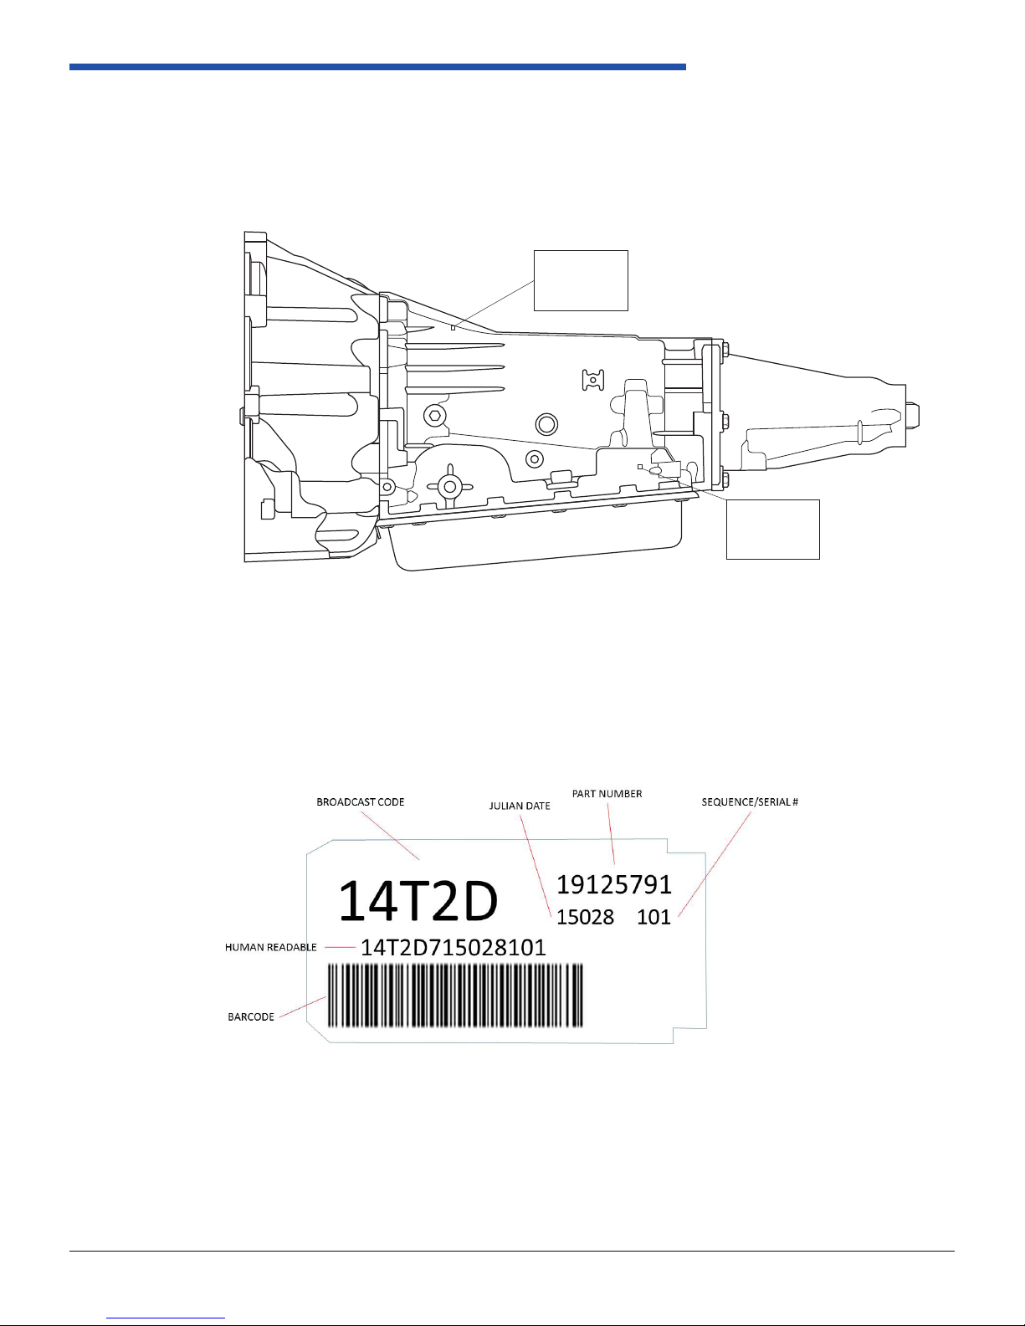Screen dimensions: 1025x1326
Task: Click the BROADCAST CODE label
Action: [360, 801]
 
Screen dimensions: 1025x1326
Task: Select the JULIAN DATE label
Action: [520, 806]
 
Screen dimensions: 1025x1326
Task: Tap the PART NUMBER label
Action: [607, 793]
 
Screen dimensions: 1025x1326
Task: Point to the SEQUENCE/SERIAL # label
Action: [750, 801]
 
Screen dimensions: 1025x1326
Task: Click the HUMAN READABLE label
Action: [271, 947]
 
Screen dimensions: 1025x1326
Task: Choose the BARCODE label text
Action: [251, 1016]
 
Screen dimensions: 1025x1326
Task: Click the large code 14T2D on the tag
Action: [418, 901]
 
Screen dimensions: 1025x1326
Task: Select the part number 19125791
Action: [614, 884]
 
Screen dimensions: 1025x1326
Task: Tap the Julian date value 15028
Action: [585, 917]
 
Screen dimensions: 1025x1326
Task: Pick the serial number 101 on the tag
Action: [654, 917]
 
